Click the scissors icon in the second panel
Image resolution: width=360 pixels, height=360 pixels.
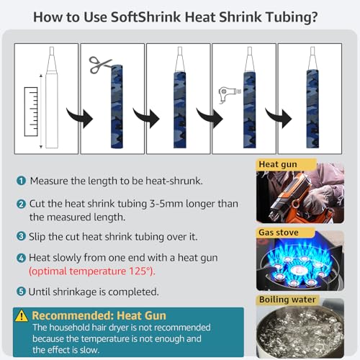pos(99,64)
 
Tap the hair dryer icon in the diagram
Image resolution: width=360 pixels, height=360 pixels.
pos(228,94)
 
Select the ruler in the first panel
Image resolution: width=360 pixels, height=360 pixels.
pos(31,112)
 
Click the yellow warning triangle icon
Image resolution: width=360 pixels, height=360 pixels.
pos(22,315)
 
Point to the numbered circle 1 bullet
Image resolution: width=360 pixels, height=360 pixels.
pos(21,181)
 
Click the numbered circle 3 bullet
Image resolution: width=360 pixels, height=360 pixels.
pos(21,236)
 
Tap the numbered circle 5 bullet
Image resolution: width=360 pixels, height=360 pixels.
pos(21,292)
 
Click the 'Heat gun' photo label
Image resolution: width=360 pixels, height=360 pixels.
pos(278,164)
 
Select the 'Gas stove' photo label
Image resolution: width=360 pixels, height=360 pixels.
pos(279,233)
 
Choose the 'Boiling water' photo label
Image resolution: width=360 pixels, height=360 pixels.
pos(287,300)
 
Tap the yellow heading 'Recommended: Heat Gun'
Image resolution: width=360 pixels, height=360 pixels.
pos(99,315)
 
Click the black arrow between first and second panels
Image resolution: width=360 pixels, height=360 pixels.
pos(80,117)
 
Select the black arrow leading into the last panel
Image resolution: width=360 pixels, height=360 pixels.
pos(279,117)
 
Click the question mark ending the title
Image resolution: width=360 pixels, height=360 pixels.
pos(313,17)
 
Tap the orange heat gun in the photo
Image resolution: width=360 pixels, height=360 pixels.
pos(290,194)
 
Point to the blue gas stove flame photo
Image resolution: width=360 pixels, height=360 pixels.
pos(300,261)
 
